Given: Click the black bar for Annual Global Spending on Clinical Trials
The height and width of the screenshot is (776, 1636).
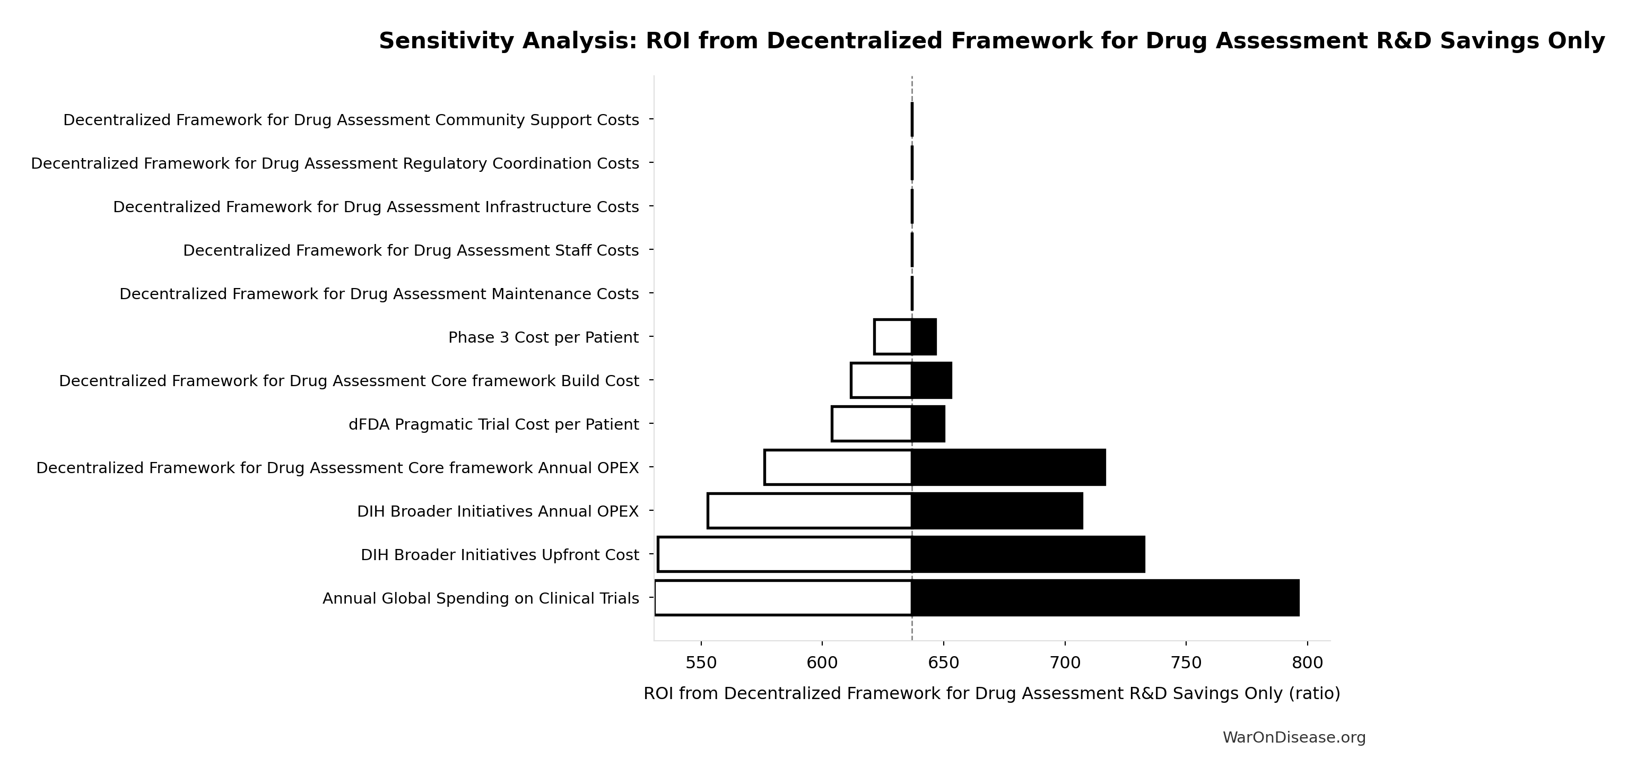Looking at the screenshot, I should (1105, 598).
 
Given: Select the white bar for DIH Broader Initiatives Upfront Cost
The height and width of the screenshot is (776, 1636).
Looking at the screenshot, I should (785, 554).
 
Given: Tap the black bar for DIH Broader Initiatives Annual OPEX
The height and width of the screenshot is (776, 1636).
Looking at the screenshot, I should (997, 511).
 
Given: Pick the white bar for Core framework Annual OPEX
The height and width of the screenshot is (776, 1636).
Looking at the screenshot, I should (838, 467).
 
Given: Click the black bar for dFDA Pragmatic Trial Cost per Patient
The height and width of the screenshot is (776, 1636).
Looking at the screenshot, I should (928, 424).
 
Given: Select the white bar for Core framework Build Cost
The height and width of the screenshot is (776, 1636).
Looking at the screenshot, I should (882, 380).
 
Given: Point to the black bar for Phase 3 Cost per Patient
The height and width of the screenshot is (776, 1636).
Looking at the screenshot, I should (924, 337).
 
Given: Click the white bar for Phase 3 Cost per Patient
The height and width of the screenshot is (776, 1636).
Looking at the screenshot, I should (893, 337).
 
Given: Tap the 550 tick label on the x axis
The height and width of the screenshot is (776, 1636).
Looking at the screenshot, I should (701, 663).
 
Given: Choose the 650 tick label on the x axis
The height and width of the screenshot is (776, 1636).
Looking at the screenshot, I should (944, 663).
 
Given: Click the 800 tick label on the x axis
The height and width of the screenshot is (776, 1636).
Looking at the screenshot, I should (1308, 663).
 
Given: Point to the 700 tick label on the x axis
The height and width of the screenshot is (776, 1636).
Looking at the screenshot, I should (1065, 663).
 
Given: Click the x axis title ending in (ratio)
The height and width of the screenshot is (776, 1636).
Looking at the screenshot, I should (992, 693).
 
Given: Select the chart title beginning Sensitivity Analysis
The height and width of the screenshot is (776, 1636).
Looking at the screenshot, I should (992, 41).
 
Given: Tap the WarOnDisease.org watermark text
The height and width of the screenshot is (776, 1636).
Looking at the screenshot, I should (1294, 737).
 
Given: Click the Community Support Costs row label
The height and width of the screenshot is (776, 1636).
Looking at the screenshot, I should (351, 120).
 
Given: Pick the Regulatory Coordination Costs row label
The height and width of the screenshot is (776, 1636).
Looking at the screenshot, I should (335, 163).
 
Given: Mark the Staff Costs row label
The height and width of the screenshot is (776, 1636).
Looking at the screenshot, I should (411, 250).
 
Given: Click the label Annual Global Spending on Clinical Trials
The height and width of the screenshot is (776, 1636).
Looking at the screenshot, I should (481, 598).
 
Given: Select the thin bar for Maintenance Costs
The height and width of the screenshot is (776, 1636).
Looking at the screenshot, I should (912, 293).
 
